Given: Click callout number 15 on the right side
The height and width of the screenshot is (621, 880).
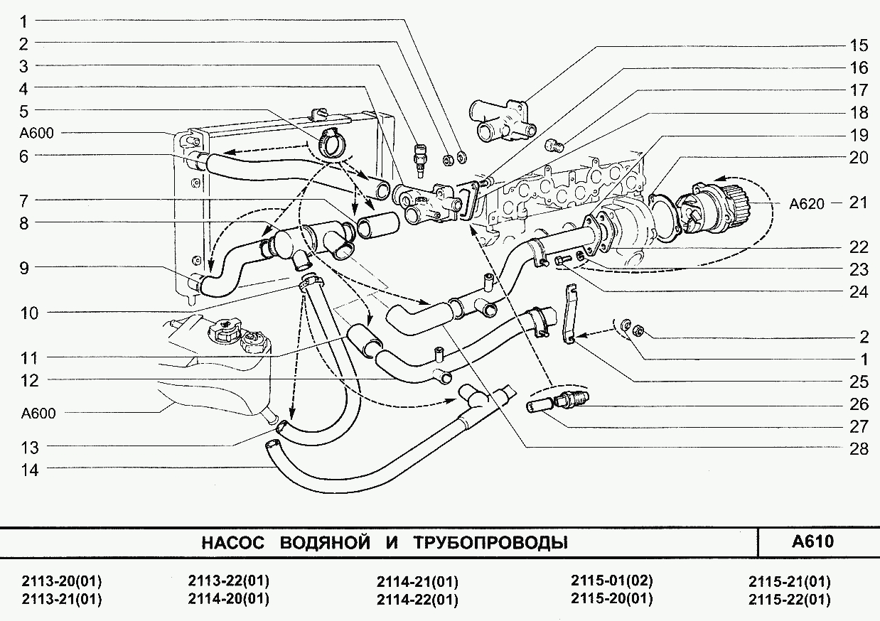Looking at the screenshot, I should tap(859, 45).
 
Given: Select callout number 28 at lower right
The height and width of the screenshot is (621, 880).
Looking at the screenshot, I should tap(859, 448).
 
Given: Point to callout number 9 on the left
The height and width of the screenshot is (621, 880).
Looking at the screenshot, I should tap(23, 268).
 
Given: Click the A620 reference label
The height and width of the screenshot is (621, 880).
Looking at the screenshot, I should tap(806, 204).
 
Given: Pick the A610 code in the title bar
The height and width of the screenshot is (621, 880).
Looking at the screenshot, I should tap(812, 541).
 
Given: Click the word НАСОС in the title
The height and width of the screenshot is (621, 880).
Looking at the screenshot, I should tap(232, 544).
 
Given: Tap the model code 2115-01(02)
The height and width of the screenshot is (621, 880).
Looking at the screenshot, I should tap(611, 580).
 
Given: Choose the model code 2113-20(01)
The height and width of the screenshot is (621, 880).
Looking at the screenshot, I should tap(62, 581).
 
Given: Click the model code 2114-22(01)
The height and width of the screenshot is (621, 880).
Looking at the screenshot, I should tap(417, 600).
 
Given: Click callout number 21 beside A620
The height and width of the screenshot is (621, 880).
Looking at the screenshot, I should tap(859, 202).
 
